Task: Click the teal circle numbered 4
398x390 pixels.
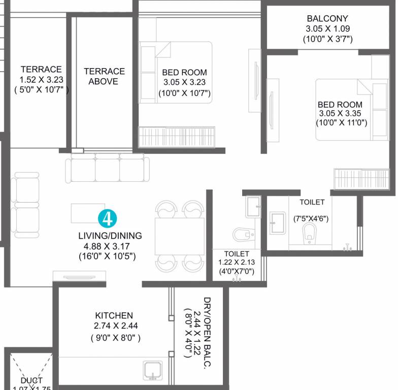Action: (x=107, y=218)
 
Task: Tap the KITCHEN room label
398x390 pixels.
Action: (x=114, y=315)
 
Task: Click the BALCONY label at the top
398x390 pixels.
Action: (x=327, y=19)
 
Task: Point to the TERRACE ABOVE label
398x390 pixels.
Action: (x=104, y=76)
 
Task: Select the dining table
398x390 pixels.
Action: (x=179, y=236)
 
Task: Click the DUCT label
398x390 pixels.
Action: (x=31, y=380)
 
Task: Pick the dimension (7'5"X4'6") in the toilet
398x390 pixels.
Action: (x=311, y=219)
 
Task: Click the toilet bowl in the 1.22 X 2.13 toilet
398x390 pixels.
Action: (x=242, y=234)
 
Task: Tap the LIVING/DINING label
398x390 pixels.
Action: (x=110, y=236)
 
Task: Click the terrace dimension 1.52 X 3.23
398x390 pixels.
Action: (x=41, y=80)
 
